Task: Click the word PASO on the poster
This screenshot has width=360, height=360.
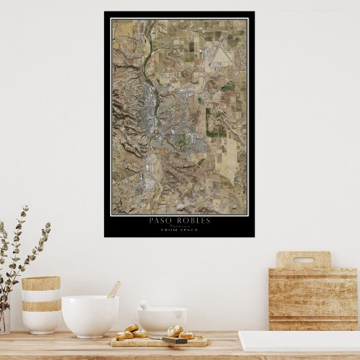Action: click(160, 220)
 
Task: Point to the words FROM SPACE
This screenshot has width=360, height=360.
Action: click(179, 230)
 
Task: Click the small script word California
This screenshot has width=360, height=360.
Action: click(179, 226)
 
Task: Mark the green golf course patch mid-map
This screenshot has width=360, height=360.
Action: click(180, 141)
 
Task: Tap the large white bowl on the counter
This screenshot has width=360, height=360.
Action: click(90, 315)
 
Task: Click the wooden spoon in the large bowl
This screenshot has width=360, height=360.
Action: click(113, 289)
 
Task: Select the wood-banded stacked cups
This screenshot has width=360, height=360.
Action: click(41, 304)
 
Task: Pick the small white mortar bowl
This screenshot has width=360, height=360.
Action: click(162, 320)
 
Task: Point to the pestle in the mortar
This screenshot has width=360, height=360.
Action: click(145, 306)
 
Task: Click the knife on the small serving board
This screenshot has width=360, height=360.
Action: click(175, 340)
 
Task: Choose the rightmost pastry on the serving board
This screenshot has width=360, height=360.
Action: click(186, 335)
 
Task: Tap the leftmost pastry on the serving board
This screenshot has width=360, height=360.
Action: click(124, 335)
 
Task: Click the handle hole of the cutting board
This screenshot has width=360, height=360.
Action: click(303, 259)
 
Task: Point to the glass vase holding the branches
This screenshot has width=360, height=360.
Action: click(4, 319)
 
